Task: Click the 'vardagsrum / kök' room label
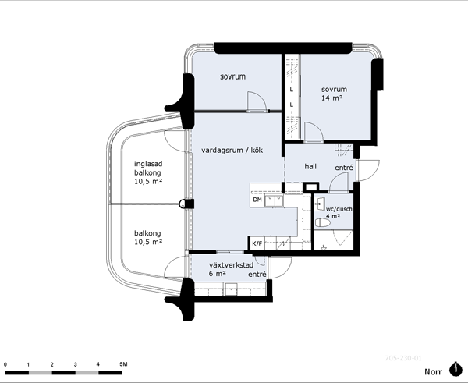tap(232, 150)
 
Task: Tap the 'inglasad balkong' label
tap(148, 168)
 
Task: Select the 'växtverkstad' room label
tap(232, 265)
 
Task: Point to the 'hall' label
tap(310, 166)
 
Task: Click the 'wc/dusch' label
tap(339, 209)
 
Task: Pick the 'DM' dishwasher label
tap(257, 200)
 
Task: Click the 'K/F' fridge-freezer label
tap(257, 244)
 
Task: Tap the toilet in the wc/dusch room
tap(323, 222)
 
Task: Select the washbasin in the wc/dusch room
tap(321, 204)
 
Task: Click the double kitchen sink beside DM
tap(275, 201)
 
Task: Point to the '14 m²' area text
tap(331, 98)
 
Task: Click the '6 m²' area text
tap(218, 274)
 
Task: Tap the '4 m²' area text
tap(333, 216)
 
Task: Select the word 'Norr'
tap(434, 371)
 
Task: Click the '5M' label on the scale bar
tap(123, 364)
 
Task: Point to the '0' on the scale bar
tap(5, 364)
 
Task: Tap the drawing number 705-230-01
tap(403, 358)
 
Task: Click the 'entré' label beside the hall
tap(344, 168)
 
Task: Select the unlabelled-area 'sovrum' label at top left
tap(232, 76)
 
